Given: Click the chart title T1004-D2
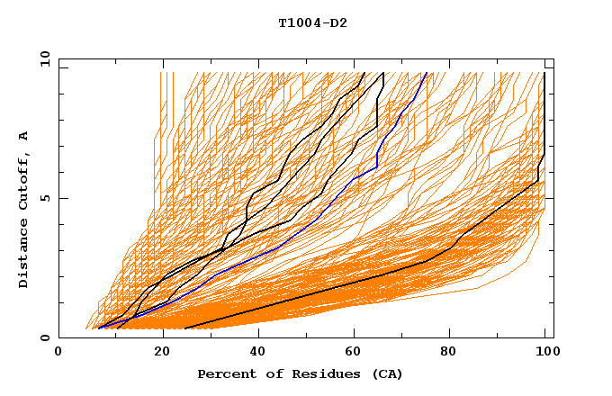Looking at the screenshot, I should point(312,22).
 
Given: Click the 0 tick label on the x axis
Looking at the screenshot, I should point(58,353).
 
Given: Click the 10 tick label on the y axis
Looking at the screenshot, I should point(42,58).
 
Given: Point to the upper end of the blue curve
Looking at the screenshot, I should point(427,73).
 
